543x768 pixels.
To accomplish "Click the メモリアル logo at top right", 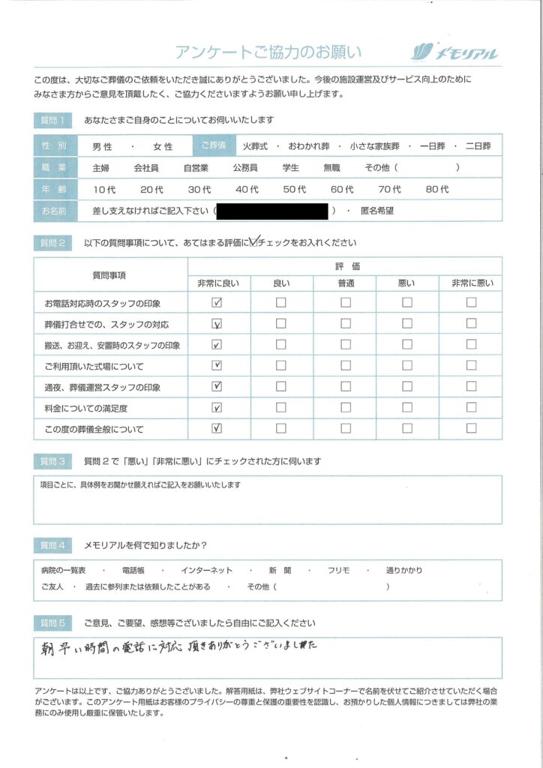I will (x=454, y=52).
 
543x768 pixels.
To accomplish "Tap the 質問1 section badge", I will (x=53, y=120).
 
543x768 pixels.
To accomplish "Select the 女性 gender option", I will (x=163, y=147).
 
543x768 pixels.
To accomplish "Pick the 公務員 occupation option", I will (x=246, y=168).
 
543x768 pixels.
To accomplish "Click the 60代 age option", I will (x=342, y=190).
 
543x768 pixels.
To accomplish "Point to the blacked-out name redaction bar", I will (x=272, y=211).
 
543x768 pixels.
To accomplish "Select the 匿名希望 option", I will (x=376, y=211).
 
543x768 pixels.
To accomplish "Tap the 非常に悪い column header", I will (x=470, y=282).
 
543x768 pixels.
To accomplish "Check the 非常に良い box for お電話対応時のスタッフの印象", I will (x=217, y=303).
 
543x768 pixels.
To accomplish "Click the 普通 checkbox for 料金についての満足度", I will (x=346, y=408).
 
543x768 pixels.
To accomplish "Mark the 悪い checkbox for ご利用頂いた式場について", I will (x=407, y=366).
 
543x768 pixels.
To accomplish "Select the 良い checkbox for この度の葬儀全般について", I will (x=281, y=429).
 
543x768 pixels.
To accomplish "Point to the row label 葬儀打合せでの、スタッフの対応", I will (x=106, y=325).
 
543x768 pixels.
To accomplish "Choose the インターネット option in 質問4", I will (x=207, y=571).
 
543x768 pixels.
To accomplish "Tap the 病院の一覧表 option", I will (x=64, y=571).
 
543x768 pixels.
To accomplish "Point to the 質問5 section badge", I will (x=53, y=623).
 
